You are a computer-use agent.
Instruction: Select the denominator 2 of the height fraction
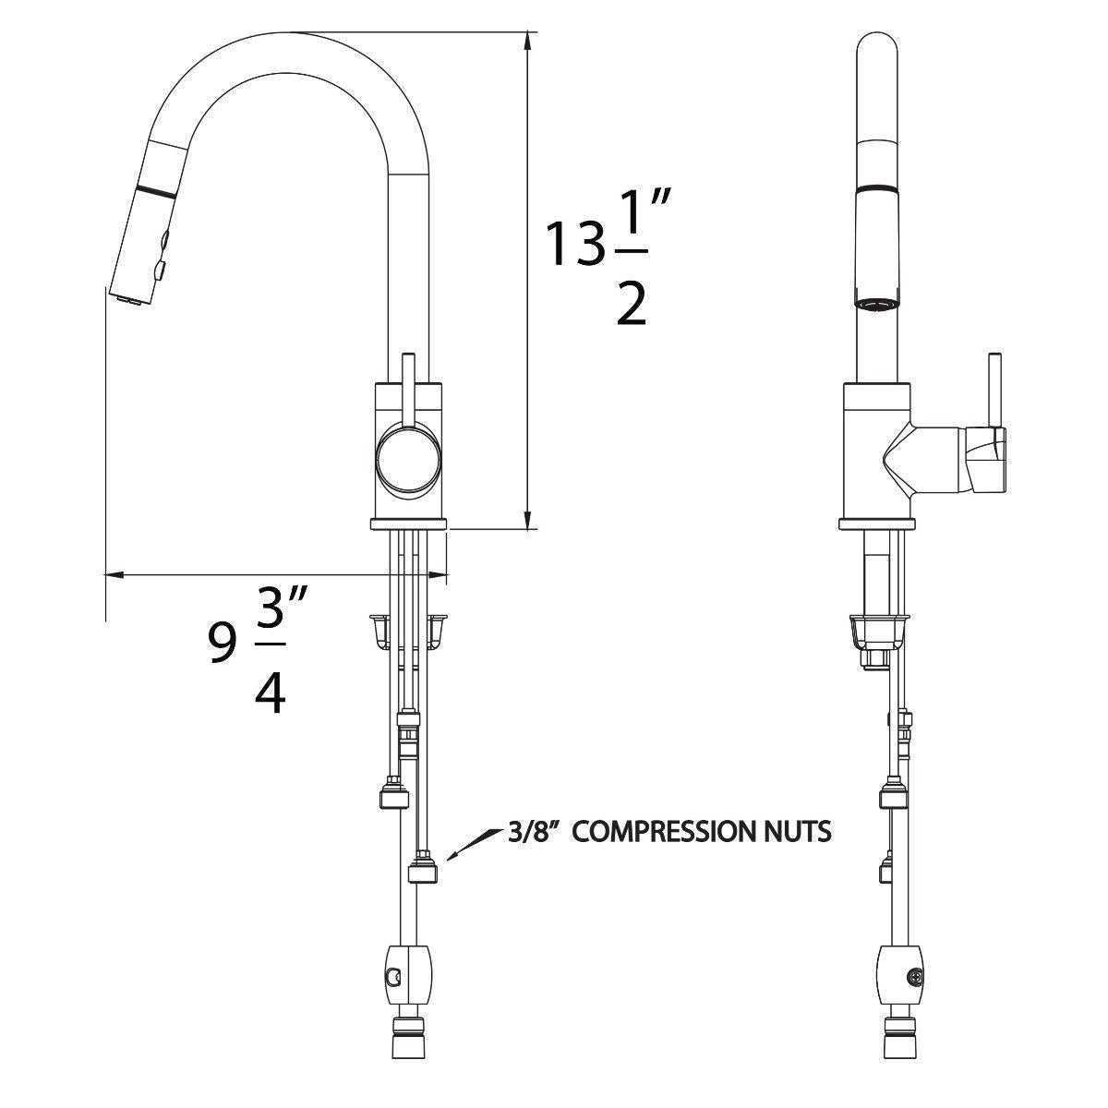tap(632, 300)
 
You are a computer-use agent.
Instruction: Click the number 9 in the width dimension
tap(222, 644)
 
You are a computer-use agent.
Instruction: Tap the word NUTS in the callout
tap(801, 833)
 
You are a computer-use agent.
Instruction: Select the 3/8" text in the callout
tap(536, 833)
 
